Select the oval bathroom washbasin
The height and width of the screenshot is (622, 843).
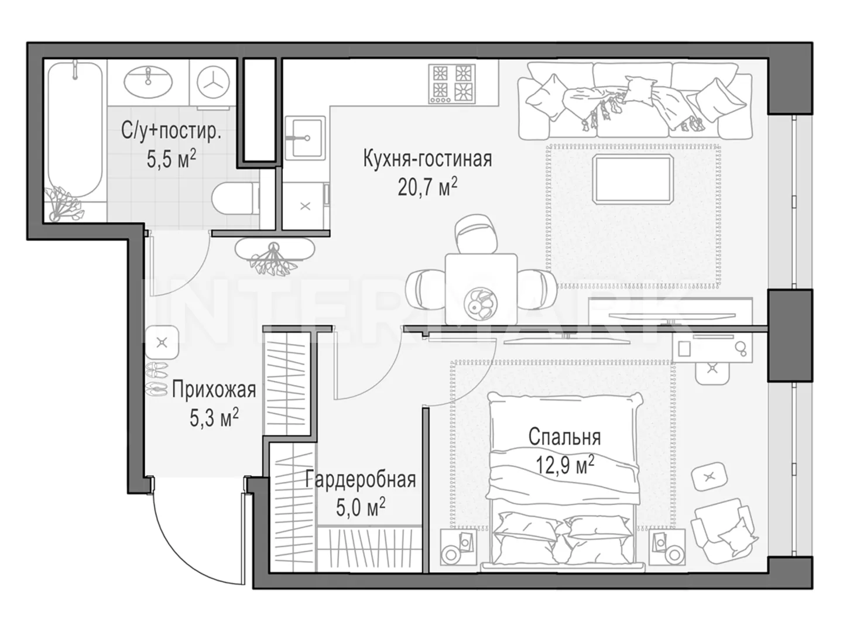coord(148,83)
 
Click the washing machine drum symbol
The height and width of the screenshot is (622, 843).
coord(213,83)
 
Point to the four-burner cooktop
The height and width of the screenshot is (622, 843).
coord(452,83)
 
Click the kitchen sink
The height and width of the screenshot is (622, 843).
coord(305,138)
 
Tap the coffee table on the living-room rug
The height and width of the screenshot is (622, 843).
coord(633,179)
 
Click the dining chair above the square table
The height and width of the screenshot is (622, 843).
coord(477,233)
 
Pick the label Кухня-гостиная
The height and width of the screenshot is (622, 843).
coord(427,159)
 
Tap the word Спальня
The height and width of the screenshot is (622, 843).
coord(564,437)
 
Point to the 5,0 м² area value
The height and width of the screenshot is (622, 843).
coord(360,507)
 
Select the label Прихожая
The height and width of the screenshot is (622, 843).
coord(214,390)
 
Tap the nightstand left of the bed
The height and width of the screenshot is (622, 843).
coord(458,547)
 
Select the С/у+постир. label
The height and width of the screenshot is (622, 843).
coord(171,131)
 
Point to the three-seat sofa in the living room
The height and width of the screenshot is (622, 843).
coord(635,100)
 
